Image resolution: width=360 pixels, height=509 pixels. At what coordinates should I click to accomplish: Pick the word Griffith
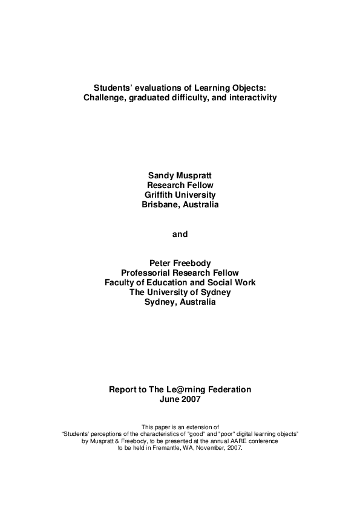coord(160,195)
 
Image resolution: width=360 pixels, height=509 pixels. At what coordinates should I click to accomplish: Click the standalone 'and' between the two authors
coord(180,234)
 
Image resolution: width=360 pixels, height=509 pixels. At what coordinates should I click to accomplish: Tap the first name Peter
coord(159,263)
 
